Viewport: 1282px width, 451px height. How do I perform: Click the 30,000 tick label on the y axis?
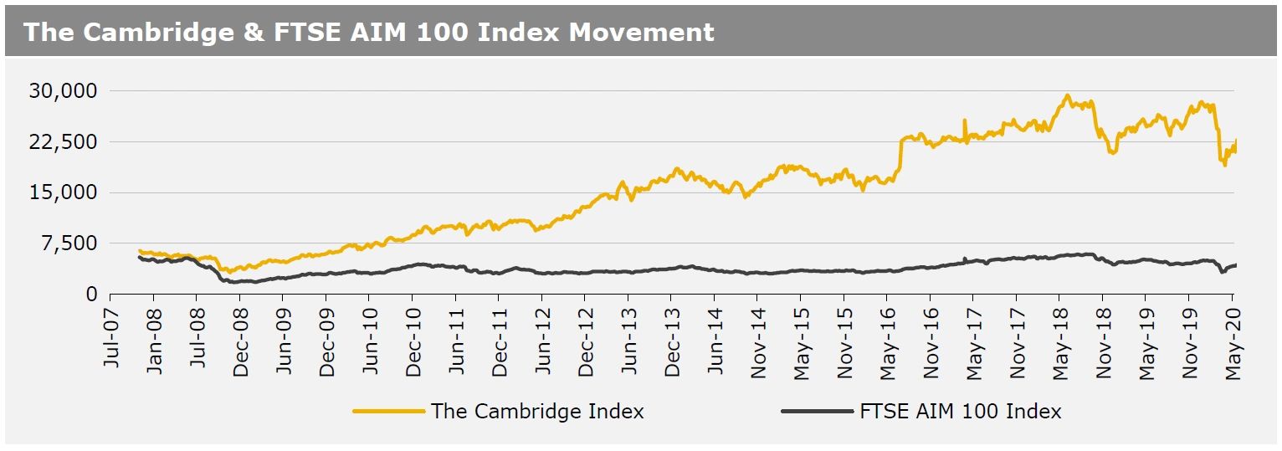point(64,90)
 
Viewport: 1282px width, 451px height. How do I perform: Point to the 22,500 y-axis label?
point(64,141)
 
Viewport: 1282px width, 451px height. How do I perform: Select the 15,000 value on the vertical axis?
point(64,192)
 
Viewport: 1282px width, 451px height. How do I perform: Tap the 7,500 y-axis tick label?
point(69,243)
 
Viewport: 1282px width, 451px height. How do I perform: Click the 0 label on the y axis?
point(92,295)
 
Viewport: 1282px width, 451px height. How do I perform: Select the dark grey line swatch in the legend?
point(817,412)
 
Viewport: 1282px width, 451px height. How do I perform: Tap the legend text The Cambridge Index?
point(537,412)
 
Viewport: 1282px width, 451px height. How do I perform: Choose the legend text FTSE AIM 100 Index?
point(961,412)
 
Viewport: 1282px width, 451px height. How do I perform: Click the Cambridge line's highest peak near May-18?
point(1067,95)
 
